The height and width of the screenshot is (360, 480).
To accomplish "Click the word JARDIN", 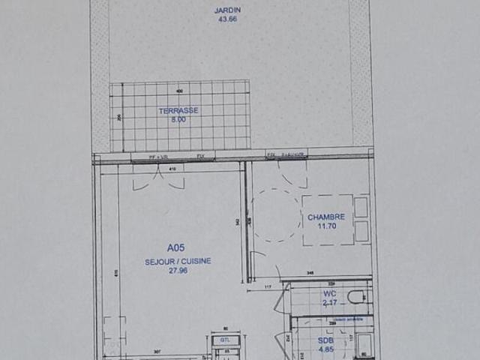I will click(222, 10).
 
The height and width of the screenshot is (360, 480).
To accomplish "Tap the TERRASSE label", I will click(178, 110).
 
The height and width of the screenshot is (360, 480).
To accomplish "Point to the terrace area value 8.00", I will click(178, 118).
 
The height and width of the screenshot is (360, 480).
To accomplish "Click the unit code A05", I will click(175, 246).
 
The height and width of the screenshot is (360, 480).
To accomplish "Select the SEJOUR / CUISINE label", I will click(178, 261).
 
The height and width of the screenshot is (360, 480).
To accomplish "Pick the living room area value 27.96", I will click(178, 270).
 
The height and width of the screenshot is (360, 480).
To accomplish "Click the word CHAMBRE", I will click(326, 217).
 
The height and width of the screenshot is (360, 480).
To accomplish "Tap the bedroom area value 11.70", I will click(326, 226).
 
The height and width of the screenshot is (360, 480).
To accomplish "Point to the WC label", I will click(330, 293).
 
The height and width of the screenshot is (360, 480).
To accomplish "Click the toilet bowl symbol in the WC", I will click(358, 296).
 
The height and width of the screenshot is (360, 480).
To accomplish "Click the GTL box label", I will click(225, 340).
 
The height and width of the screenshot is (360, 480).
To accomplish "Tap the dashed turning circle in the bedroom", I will click(275, 214).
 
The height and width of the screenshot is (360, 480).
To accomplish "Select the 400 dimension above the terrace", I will click(179, 91).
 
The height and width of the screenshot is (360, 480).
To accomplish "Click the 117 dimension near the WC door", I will click(265, 288).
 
